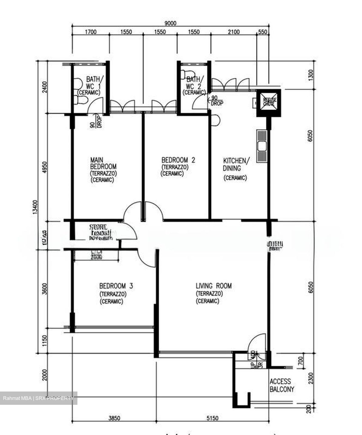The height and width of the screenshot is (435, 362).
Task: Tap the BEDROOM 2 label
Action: (x=178, y=160)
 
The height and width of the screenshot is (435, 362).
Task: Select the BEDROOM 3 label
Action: (x=116, y=285)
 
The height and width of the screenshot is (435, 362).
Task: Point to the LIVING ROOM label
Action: (x=214, y=285)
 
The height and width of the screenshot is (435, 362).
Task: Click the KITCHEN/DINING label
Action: (x=236, y=164)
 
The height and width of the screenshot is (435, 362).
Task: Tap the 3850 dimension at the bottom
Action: (x=114, y=418)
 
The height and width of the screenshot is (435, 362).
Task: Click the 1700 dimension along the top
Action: (x=90, y=32)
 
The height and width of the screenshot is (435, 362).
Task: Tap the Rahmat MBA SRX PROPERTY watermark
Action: (x=38, y=398)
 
